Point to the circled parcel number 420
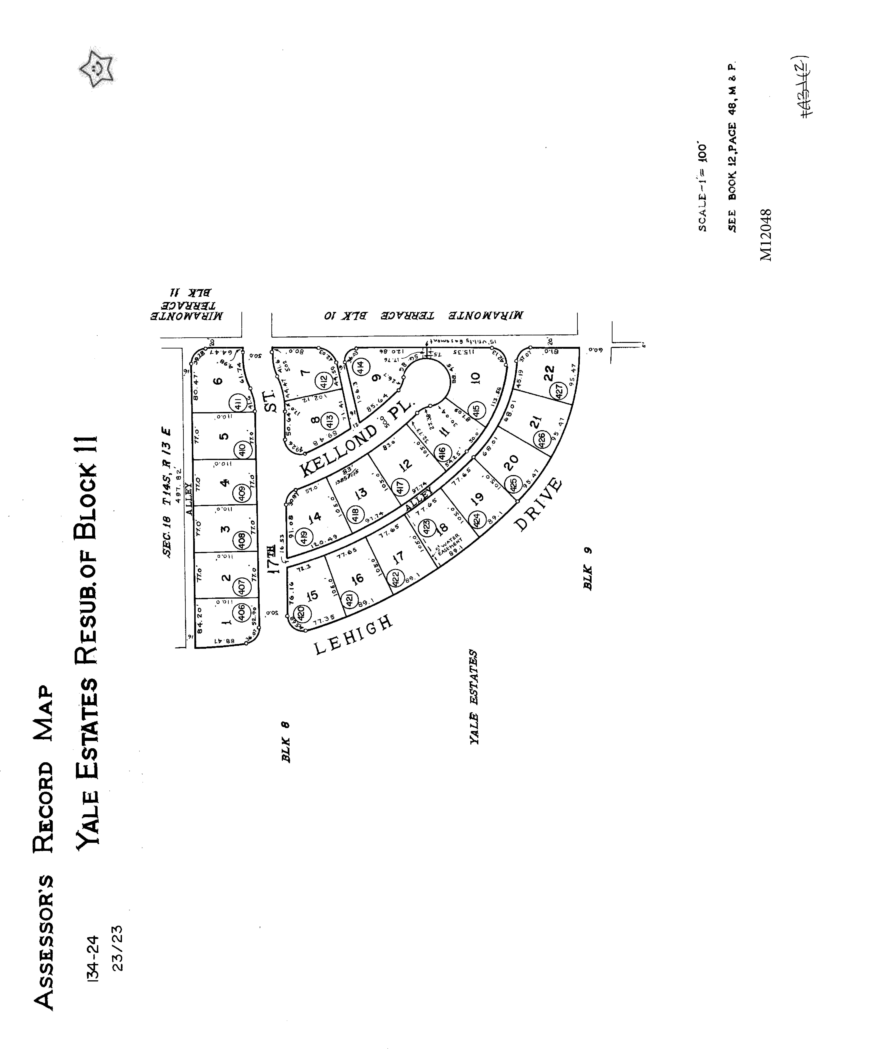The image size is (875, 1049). [x=301, y=613]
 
